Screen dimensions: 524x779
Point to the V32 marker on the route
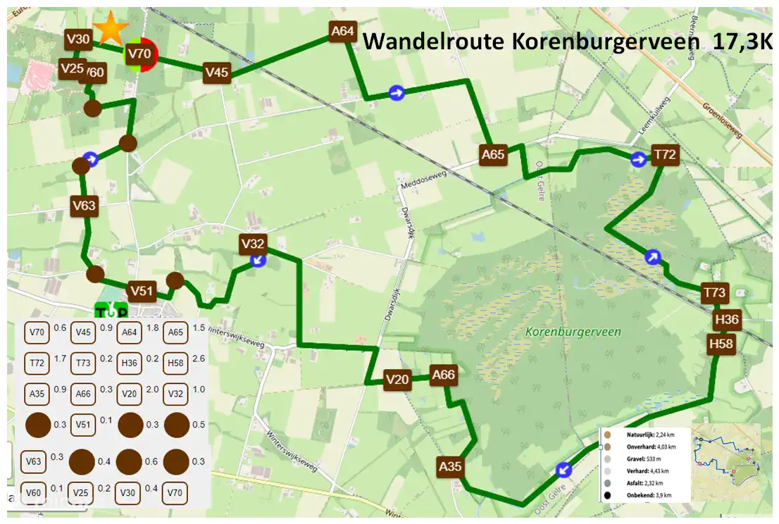tap(252, 244)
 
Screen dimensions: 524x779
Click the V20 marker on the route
tap(398, 380)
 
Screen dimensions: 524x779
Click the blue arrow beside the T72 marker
tap(638, 160)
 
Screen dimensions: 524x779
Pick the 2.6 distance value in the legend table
tap(198, 358)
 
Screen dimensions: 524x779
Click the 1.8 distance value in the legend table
tap(151, 328)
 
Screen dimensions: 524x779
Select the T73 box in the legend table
tap(83, 363)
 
